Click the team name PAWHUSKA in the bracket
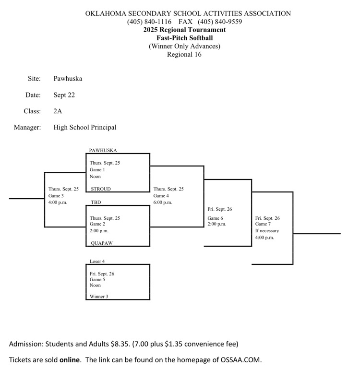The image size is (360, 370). point(103,150)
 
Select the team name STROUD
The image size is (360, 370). point(101,189)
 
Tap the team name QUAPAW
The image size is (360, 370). point(102,243)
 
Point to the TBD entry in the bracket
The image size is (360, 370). point(96,203)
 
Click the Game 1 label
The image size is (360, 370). point(97,170)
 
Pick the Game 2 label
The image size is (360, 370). point(97,224)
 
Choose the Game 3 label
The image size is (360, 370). point(56,196)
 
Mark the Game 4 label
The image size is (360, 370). point(161,196)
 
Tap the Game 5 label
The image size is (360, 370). point(97,279)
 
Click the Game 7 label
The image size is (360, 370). point(263,224)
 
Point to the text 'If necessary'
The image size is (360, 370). point(267,231)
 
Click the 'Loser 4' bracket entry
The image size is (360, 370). point(97,262)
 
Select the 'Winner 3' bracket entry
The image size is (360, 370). point(99,297)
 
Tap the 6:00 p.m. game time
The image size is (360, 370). point(163,203)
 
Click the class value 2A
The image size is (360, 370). point(58,111)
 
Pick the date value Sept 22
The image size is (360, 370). point(64,95)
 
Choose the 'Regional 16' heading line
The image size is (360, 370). point(184,54)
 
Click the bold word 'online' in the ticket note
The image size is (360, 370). point(70,359)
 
